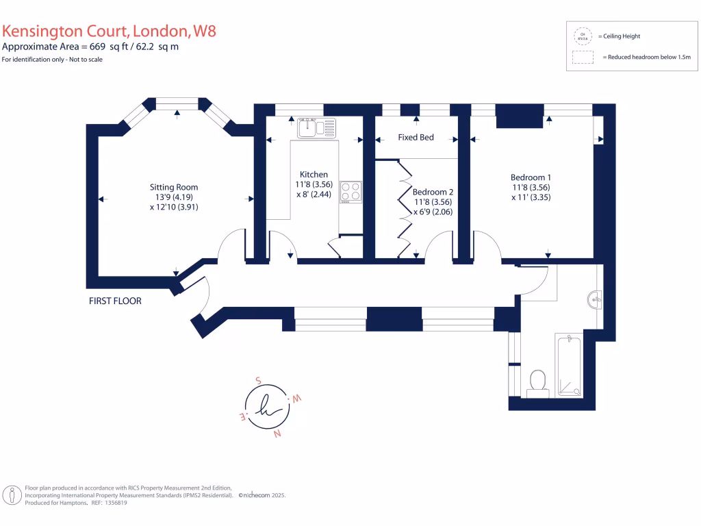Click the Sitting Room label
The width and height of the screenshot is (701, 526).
174,187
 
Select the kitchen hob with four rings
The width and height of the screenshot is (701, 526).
351,191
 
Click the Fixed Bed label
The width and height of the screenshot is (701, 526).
416,138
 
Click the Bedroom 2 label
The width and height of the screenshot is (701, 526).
433,192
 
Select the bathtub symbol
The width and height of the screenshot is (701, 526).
569,366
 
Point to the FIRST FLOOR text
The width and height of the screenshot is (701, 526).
115,301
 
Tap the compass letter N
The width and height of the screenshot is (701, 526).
277,434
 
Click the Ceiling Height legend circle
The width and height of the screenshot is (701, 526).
583,36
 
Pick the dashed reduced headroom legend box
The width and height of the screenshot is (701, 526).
583,58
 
